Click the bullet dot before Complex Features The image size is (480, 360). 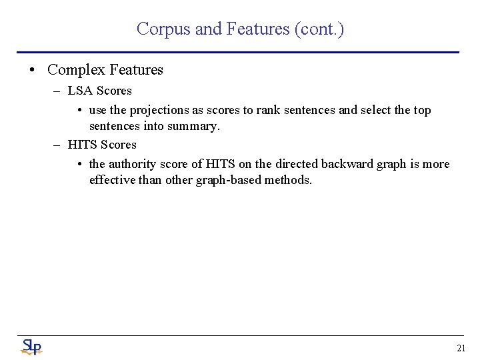32,70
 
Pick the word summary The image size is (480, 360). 194,125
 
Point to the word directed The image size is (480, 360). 297,164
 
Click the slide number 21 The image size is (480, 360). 461,348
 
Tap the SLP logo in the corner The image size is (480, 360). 31,347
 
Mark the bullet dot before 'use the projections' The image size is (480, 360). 79,111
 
